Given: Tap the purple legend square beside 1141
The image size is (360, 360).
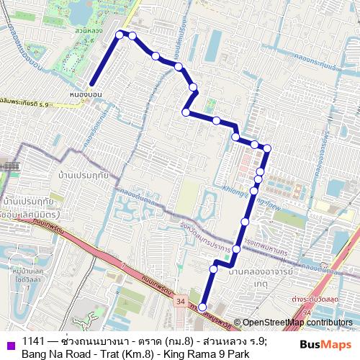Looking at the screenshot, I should tap(9, 343).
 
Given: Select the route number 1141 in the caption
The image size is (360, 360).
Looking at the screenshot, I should tap(33, 342).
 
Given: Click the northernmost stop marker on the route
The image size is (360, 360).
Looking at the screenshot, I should tap(121, 32).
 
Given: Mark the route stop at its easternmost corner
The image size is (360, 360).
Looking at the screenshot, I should tap(266, 149).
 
